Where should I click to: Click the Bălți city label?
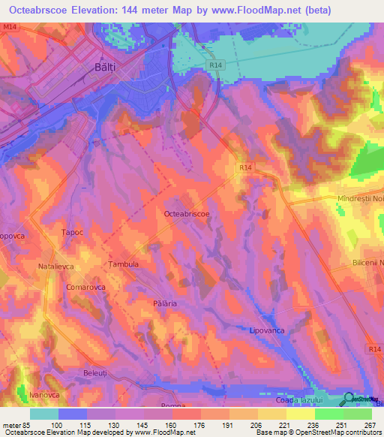coord(107,67)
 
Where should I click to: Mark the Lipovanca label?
coord(268,330)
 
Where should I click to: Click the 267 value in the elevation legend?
coord(367,424)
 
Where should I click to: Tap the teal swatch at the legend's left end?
coord(43,414)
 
